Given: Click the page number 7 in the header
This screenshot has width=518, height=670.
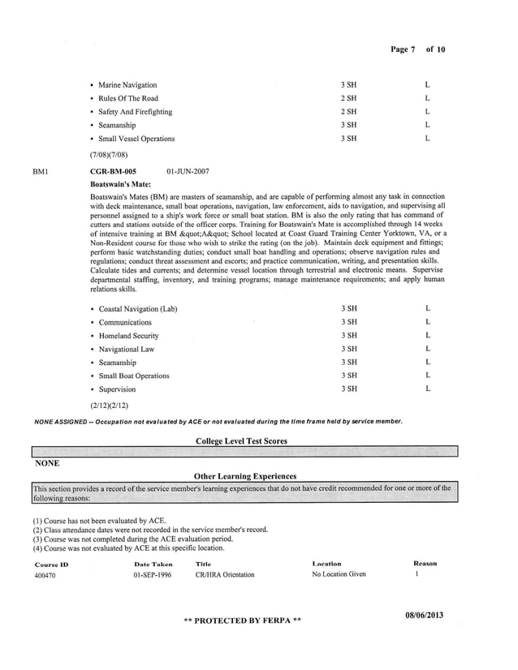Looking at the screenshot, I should tap(413, 49).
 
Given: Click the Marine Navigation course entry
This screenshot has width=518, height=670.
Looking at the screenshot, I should tap(127, 84).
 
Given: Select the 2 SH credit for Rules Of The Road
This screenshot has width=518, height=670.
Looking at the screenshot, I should tap(349, 98).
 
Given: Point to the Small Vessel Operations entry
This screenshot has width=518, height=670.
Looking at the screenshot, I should tap(136, 139).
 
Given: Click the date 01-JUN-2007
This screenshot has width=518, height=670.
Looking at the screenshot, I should tap(188, 172).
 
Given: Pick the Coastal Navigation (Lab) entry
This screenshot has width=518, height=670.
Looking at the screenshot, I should tap(137, 309).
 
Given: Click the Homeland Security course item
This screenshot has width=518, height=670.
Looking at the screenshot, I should tap(128, 336).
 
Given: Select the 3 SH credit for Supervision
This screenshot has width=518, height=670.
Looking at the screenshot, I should tap(349, 389).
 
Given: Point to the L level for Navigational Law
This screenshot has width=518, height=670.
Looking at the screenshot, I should tap(427, 349).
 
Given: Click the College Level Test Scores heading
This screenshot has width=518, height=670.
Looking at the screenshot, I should tap(241, 440).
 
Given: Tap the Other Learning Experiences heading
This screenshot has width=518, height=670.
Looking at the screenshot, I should tap(245, 476).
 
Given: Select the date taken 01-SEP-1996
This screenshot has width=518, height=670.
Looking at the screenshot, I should tap(153, 574).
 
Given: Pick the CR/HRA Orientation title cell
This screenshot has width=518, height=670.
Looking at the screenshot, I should tap(225, 574).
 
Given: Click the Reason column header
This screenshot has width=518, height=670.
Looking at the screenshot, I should tap(425, 563).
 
